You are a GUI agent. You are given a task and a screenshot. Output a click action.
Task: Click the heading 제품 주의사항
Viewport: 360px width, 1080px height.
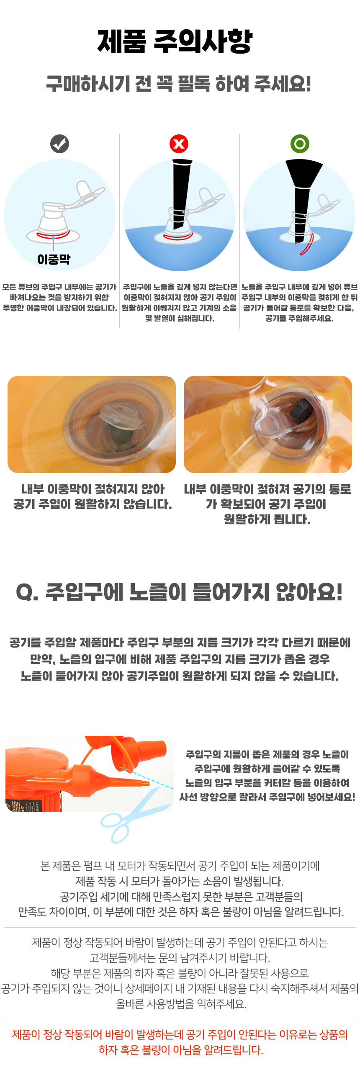(175, 41)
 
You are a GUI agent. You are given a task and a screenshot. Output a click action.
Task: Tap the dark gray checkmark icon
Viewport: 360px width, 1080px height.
(59, 144)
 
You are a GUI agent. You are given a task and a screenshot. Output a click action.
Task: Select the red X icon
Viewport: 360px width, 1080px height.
(179, 144)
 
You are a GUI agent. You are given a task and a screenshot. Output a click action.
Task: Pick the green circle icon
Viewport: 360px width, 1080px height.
(300, 144)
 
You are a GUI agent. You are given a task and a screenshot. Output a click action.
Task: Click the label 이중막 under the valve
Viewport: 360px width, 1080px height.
(54, 260)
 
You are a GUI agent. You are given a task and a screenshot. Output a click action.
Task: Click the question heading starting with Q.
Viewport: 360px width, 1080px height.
(179, 592)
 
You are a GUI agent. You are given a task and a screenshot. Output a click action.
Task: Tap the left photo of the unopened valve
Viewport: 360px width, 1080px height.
(91, 424)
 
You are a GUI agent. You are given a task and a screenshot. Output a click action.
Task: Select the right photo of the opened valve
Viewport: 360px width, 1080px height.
(268, 424)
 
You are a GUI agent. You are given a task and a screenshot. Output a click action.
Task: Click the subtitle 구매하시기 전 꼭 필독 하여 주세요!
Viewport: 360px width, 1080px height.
(179, 84)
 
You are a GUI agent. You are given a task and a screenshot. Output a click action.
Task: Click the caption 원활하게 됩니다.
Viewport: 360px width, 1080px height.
(267, 519)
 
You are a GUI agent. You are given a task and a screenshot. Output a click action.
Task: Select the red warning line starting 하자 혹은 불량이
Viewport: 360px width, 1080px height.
(181, 1050)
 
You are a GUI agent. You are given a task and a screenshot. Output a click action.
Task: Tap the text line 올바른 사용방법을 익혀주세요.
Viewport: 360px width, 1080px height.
(181, 1004)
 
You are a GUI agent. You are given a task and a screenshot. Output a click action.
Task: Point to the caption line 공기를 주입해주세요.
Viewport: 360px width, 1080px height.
(299, 318)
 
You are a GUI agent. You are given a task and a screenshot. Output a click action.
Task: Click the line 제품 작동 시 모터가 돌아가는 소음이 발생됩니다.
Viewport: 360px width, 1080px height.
(179, 881)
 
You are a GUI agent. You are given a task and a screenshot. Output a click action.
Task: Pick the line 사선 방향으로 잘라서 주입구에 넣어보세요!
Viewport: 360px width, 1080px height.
(267, 797)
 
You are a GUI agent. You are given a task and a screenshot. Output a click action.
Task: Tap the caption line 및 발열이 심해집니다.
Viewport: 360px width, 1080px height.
(179, 318)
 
